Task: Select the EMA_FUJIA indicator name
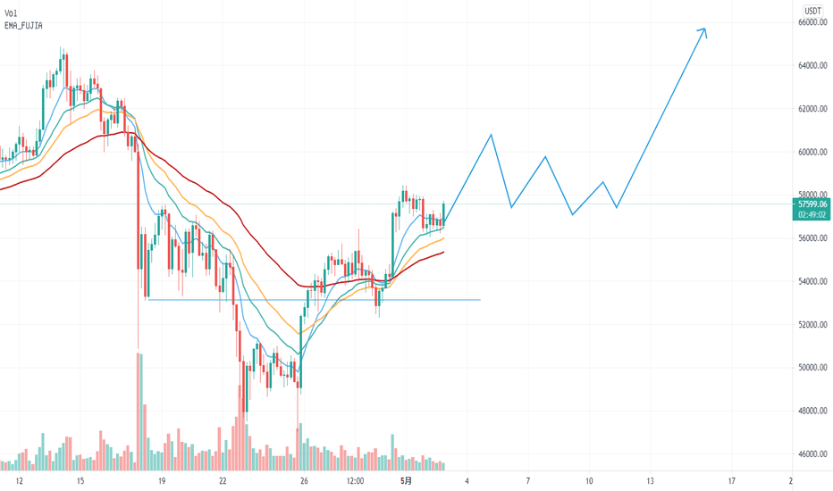coord(24,27)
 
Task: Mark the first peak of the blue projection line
coord(491,135)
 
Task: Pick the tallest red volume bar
coord(139,412)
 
